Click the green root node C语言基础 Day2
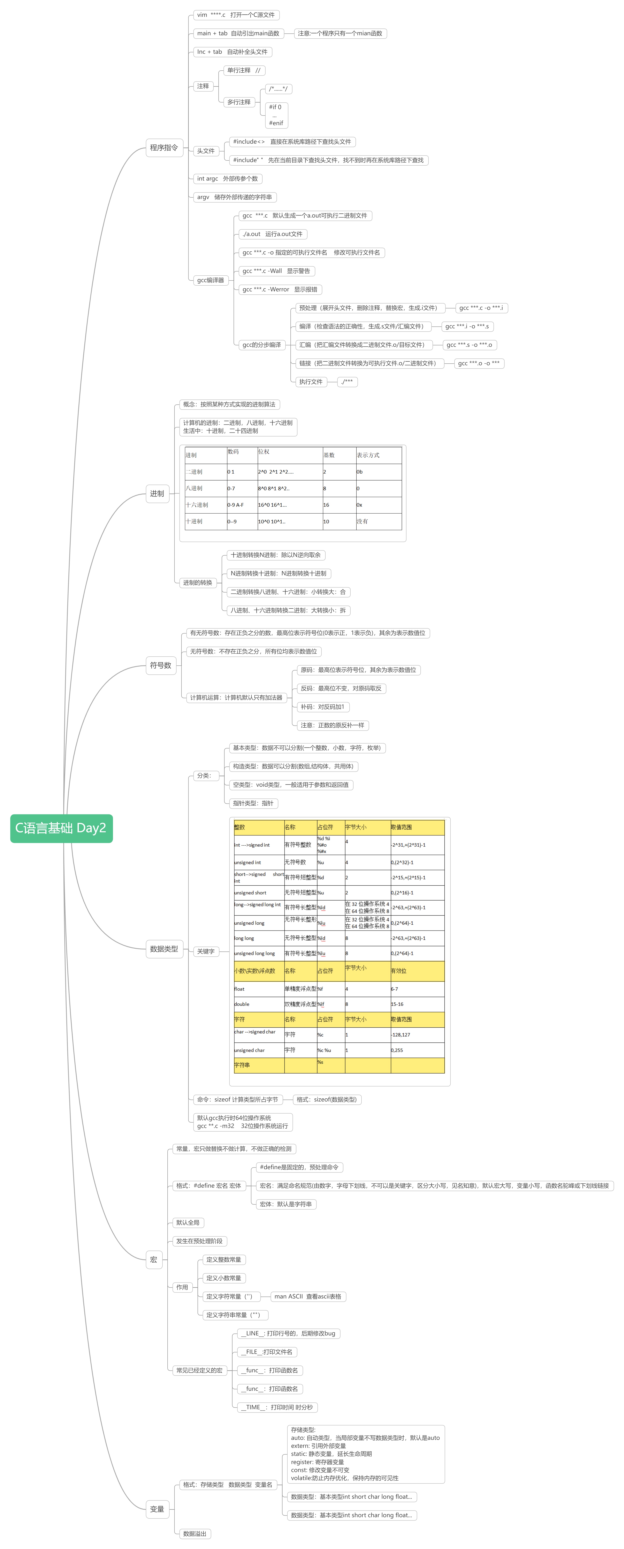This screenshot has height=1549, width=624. point(61,828)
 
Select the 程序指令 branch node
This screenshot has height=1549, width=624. point(164,147)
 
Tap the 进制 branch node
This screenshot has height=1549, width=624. point(157,493)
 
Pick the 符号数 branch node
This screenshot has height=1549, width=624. point(161,665)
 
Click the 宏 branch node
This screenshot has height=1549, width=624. point(153,1259)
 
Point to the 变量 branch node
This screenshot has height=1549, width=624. point(157,1509)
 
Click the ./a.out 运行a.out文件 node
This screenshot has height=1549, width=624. point(273,234)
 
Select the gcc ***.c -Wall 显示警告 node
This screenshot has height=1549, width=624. point(276,271)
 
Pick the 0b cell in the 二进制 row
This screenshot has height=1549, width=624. point(360,472)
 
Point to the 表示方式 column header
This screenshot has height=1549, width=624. point(368,455)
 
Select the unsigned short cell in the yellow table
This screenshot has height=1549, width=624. point(250,893)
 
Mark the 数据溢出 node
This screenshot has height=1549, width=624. point(194,1533)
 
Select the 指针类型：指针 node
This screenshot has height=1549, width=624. point(253,803)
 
